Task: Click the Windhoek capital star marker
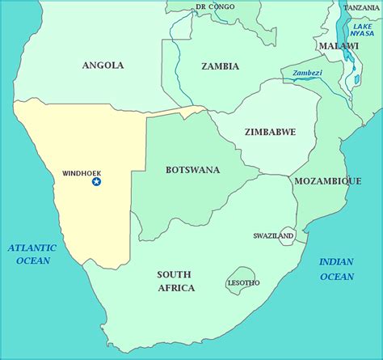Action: [x=96, y=182]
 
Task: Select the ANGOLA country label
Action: [x=103, y=65]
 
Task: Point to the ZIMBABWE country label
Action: [x=269, y=131]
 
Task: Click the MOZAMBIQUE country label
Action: [x=326, y=181]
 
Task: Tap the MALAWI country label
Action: [x=338, y=46]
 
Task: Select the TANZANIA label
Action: [x=360, y=7]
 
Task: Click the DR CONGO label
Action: [x=215, y=7]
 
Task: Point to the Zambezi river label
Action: [x=307, y=73]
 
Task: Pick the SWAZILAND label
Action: [x=272, y=235]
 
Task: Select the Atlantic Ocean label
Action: [x=32, y=254]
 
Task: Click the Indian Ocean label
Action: [x=336, y=269]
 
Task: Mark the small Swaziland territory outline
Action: [x=286, y=235]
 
